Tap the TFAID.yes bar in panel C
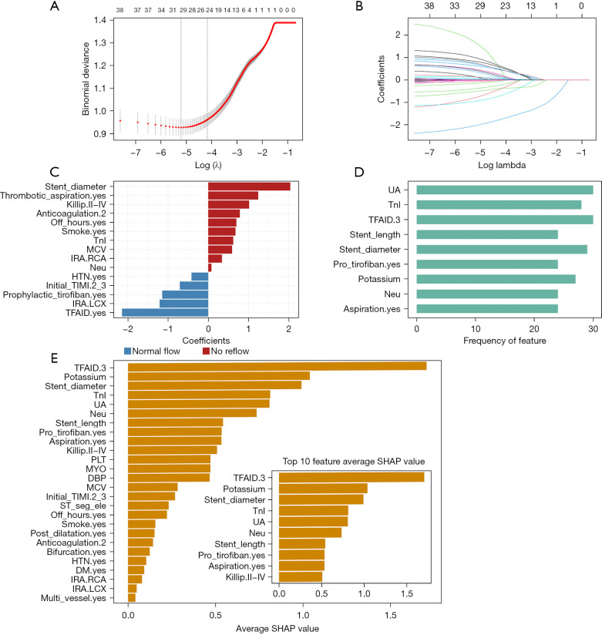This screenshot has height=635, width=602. [x=165, y=312]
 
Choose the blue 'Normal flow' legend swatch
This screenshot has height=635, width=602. [x=129, y=351]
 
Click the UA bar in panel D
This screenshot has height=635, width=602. [x=505, y=190]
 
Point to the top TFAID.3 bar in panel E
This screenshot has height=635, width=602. [x=277, y=365]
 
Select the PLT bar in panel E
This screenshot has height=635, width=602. [x=169, y=459]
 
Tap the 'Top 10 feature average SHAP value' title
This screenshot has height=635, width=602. [x=354, y=461]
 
